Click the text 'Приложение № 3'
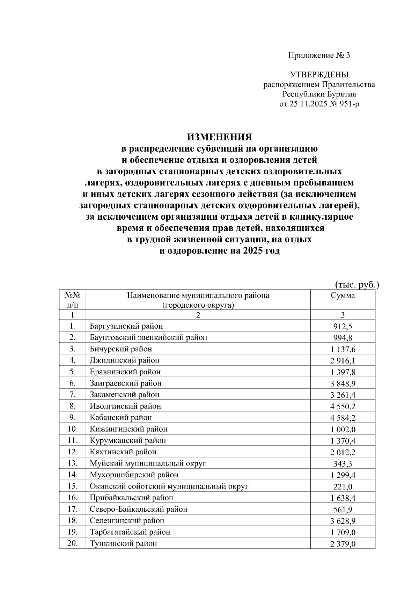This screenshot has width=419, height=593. click(319, 55)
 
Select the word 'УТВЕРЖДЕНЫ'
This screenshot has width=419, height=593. click(319, 75)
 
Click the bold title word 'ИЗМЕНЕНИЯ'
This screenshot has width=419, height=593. click(219, 136)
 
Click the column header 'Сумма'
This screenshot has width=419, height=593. click(343, 295)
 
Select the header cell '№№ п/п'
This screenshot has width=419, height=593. click(73, 300)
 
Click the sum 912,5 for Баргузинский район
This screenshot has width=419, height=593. click(343, 327)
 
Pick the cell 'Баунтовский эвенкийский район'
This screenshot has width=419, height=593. click(148, 338)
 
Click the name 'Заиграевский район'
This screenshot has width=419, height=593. click(126, 383)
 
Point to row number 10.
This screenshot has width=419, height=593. click(72, 429)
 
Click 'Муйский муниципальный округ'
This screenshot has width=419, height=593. click(148, 463)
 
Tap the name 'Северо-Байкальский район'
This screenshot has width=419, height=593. click(139, 509)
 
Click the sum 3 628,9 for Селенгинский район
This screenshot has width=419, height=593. click(343, 521)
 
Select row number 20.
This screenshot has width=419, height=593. click(72, 544)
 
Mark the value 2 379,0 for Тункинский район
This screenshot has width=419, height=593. click(343, 544)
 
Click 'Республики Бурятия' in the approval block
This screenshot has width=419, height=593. click(319, 94)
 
